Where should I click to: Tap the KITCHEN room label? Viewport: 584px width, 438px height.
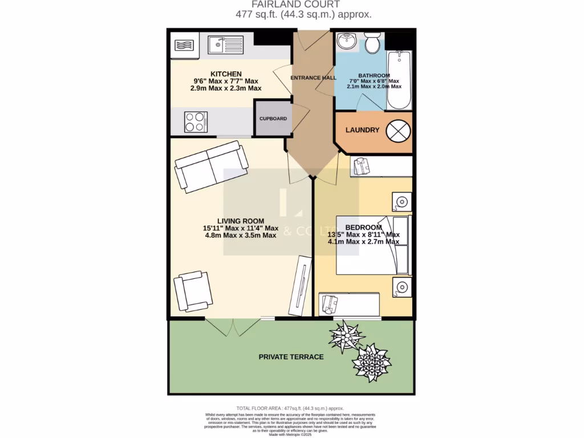(226, 74)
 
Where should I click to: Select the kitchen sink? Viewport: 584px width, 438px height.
(219, 44)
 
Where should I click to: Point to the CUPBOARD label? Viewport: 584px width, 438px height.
(273, 119)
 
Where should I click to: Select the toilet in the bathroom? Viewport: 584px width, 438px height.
(374, 43)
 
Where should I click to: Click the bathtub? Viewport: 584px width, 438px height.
(399, 80)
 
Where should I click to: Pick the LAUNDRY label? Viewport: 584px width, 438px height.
(362, 130)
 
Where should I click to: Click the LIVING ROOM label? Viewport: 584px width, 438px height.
(240, 221)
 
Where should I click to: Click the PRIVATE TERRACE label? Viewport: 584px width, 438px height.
(291, 357)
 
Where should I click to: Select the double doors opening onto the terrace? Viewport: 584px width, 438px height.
(227, 326)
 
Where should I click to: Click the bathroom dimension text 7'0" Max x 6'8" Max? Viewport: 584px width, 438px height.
(374, 82)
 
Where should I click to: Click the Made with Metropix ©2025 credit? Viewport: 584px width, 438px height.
(291, 435)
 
